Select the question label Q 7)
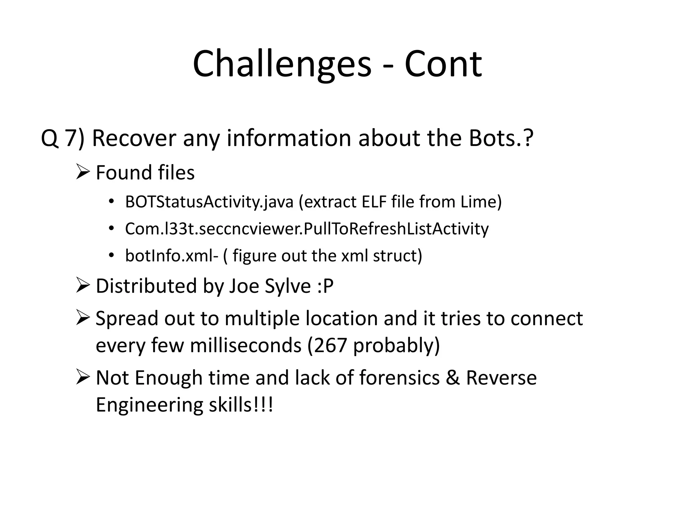63,138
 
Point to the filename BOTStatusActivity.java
209,202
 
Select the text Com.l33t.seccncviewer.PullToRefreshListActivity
307,229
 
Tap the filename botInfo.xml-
171,256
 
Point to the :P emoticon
326,286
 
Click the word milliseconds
246,345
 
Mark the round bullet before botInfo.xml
111,256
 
